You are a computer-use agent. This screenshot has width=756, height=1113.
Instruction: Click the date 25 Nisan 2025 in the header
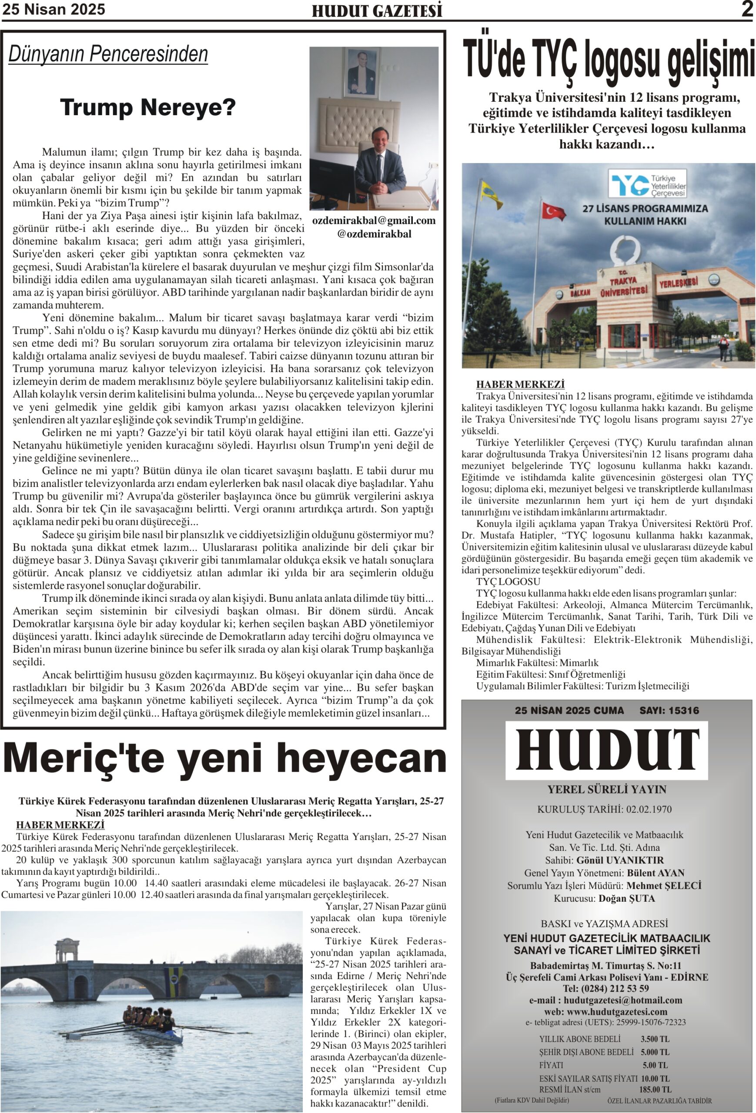[54, 10]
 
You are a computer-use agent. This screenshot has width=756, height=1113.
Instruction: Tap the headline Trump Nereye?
[147, 108]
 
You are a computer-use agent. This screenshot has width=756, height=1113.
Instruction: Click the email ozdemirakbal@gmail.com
[374, 221]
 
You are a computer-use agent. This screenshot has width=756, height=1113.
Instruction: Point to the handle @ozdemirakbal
[374, 234]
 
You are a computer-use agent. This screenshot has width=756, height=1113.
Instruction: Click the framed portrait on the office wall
[362, 72]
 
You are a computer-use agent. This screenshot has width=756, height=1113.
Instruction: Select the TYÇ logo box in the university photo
[647, 183]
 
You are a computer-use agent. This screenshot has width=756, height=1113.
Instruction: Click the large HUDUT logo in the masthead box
[607, 750]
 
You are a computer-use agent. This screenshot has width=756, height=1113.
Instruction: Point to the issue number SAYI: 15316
[669, 711]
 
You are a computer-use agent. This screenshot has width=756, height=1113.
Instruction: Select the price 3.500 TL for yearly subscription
[655, 1039]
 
